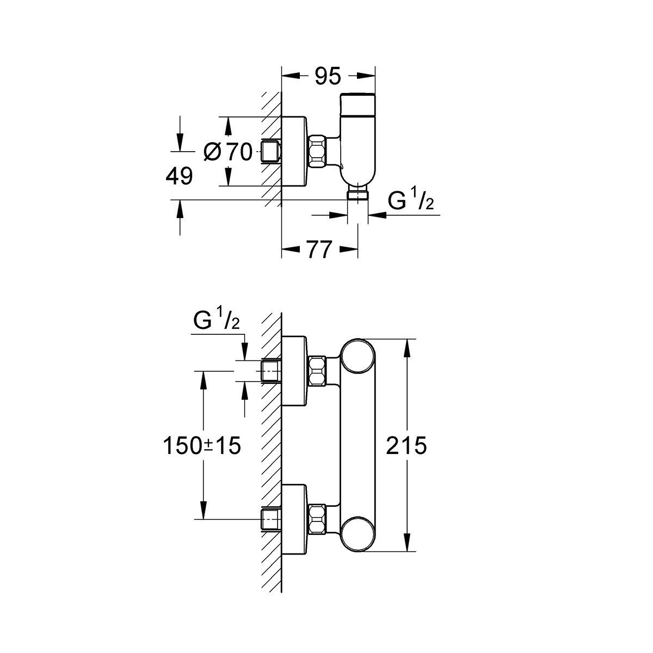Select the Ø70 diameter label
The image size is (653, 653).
228,152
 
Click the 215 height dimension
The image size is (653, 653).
405,446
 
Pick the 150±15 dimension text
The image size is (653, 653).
202,446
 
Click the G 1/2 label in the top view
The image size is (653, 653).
410,202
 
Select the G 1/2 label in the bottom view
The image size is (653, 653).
216,321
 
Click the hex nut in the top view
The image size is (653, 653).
317,152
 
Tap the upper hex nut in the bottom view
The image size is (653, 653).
317,371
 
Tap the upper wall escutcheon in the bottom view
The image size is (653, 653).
294,371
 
